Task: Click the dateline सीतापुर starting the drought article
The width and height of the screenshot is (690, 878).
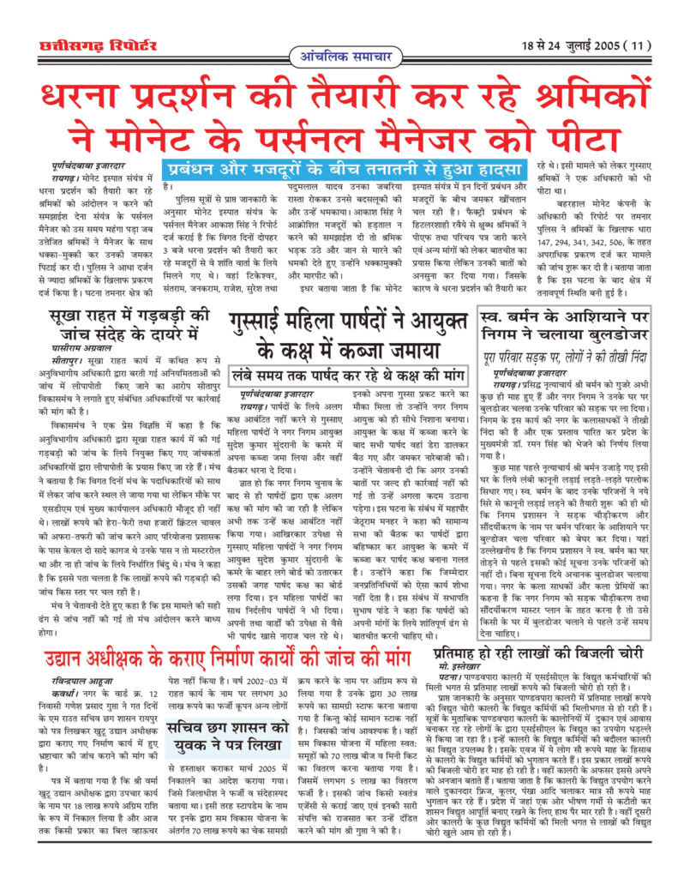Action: point(69,363)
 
